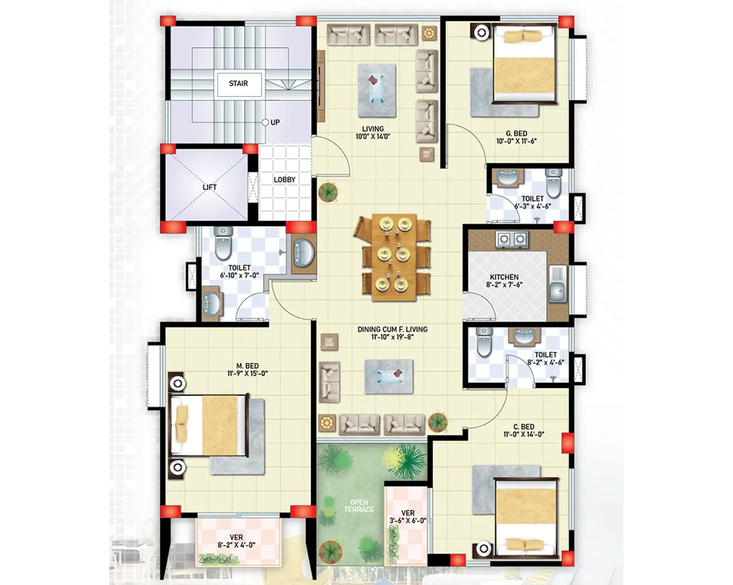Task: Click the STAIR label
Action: click(238, 83)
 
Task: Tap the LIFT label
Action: click(209, 187)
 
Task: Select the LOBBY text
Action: click(284, 180)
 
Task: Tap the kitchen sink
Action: click(558, 284)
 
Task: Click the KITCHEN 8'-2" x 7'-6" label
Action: click(504, 281)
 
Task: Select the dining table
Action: click(394, 257)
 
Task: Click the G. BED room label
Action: click(516, 137)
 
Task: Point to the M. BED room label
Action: click(247, 370)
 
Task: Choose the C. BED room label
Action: click(524, 430)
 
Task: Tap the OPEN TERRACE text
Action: click(359, 506)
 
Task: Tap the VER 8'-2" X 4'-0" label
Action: click(236, 541)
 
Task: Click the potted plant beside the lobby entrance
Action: click(328, 192)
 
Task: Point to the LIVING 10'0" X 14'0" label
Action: click(372, 132)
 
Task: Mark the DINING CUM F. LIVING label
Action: click(393, 333)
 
